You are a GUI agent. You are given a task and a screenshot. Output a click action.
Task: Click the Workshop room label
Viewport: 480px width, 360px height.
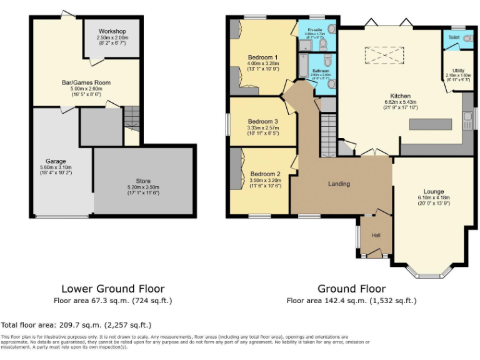[x=112, y=31]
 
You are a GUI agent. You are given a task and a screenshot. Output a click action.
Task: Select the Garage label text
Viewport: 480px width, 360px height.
[x=55, y=161]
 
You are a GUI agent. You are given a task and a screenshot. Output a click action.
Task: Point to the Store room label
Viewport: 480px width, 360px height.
[x=143, y=181]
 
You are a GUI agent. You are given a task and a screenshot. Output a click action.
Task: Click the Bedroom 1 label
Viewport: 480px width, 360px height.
[x=262, y=57]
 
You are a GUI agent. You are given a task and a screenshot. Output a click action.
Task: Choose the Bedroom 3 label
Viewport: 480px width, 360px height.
[x=262, y=121]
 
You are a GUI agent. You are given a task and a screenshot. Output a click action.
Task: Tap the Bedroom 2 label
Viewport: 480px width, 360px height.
[x=265, y=174]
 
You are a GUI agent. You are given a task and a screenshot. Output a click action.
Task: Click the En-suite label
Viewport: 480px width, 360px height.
[x=314, y=29]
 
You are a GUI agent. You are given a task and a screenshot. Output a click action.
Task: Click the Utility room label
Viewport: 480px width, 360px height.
[x=458, y=71]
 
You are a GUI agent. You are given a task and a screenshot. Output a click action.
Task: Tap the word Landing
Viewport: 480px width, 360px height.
[x=339, y=184]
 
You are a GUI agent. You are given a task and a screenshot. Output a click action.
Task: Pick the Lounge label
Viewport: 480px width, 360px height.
[x=433, y=192]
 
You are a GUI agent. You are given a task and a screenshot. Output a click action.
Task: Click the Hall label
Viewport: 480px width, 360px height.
[x=376, y=235]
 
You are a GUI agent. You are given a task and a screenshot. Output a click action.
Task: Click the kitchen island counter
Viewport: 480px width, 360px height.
[x=430, y=124]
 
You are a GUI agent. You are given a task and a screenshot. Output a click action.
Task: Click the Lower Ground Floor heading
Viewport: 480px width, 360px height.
[x=112, y=289]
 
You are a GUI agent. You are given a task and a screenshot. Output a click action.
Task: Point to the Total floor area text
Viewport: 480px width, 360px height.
[x=76, y=325]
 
